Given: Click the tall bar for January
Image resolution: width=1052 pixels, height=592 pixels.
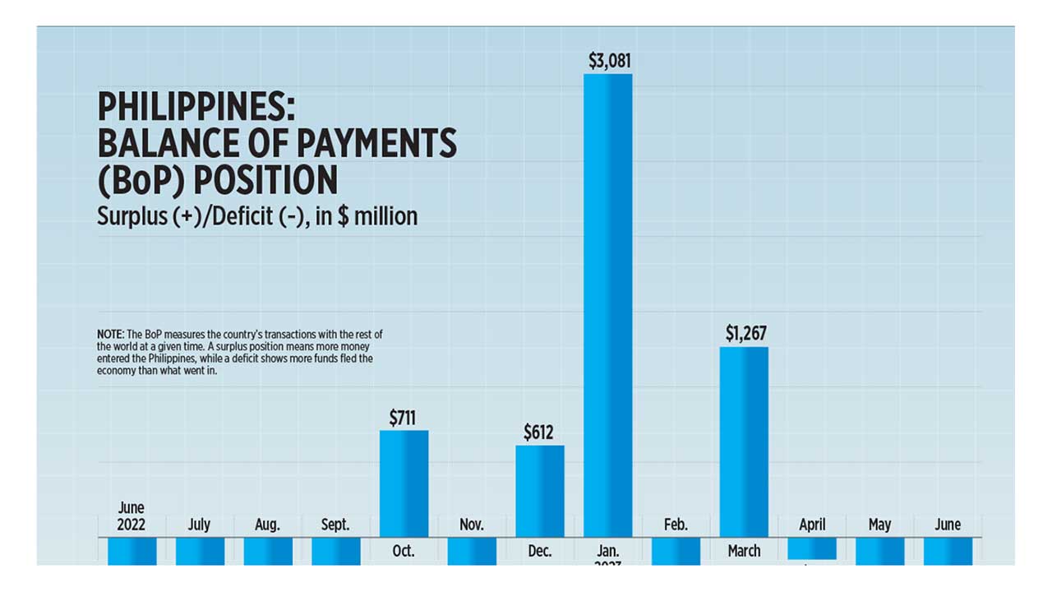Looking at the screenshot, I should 608,304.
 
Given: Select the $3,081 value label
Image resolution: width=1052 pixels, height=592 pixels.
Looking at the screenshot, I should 609,61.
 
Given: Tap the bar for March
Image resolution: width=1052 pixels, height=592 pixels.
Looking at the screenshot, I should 744,442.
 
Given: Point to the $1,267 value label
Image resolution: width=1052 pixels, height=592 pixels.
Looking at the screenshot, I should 745,333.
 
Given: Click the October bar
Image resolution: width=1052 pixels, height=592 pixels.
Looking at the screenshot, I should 404,483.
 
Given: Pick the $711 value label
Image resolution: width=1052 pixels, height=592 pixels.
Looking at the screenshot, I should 404,418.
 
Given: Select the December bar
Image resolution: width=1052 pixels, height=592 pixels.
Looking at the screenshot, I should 540,491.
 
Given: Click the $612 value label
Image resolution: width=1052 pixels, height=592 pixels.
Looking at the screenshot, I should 539,432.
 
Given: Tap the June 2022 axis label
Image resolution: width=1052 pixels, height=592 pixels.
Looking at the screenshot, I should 131,516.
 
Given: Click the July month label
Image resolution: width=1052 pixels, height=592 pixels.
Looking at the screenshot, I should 200,525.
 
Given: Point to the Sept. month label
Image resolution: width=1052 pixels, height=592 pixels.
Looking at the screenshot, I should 335,525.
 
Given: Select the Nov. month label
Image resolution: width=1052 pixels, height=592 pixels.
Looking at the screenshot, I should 472,525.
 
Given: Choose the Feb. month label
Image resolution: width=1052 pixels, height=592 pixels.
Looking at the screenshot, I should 676,525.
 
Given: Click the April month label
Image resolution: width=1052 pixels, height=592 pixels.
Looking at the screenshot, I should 812,525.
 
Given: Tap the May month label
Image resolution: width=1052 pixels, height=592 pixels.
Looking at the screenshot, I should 879,525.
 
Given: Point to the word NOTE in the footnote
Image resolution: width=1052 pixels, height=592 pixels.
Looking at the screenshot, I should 108,335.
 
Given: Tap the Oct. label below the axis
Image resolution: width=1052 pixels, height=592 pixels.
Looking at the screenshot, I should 404,552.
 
